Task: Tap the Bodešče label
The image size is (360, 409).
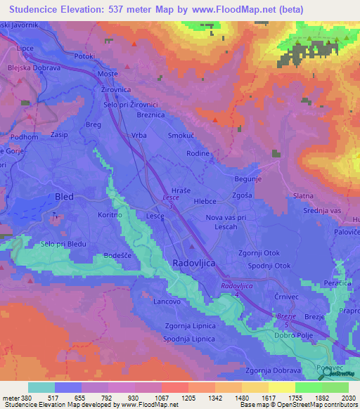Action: [x=119, y=256]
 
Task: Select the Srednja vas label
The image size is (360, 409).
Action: [x=302, y=209]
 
